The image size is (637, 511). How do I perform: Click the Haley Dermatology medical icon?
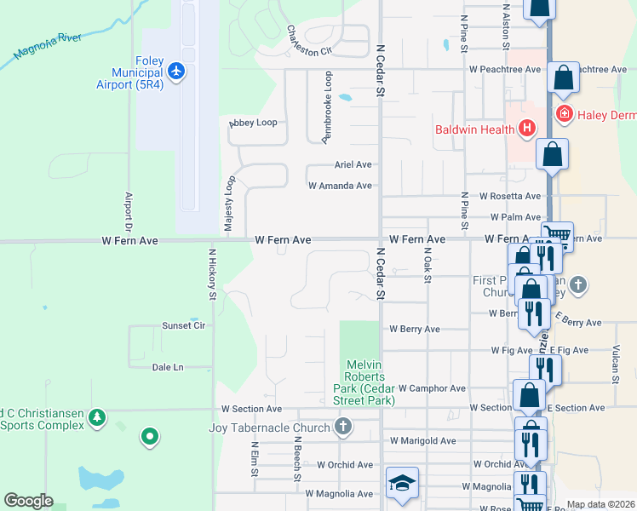pyautogui.click(x=563, y=113)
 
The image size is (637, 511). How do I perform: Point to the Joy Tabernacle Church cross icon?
pyautogui.click(x=343, y=427)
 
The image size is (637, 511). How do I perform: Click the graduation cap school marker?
pyautogui.click(x=402, y=483)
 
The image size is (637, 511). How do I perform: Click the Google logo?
pyautogui.click(x=28, y=501)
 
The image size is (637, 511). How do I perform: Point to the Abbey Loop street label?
pyautogui.click(x=253, y=123)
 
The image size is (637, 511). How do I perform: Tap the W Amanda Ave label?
pyautogui.click(x=340, y=185)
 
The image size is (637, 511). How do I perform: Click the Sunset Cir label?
pyautogui.click(x=184, y=325)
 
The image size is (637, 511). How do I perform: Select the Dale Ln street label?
pyautogui.click(x=168, y=367)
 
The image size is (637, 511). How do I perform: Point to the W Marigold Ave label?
pyautogui.click(x=422, y=440)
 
